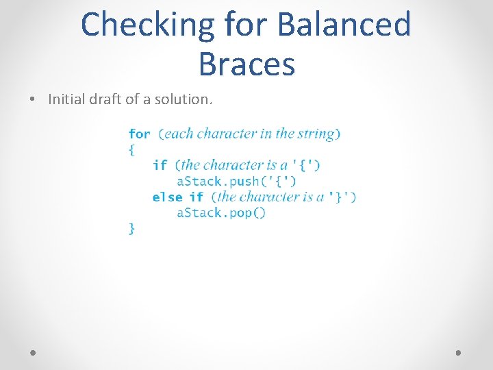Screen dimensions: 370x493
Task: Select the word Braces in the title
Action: (x=246, y=64)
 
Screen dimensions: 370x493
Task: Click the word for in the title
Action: (x=240, y=25)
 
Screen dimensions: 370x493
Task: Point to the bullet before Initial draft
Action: (x=33, y=99)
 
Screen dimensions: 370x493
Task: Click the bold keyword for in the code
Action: (x=140, y=134)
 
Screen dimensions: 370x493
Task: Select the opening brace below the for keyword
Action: (x=132, y=149)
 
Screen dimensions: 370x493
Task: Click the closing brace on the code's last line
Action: (x=132, y=228)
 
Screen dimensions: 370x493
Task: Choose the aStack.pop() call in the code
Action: (x=220, y=212)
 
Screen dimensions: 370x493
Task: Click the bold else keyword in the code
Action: (x=167, y=197)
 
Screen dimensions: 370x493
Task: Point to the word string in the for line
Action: (x=317, y=134)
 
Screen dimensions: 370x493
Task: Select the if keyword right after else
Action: (x=197, y=197)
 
